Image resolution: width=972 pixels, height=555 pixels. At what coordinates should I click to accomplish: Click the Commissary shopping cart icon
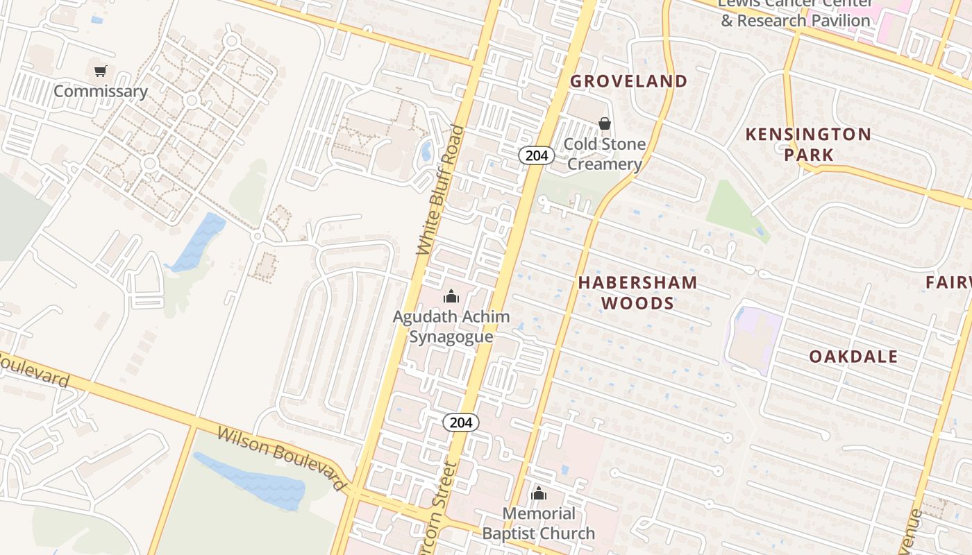coord(101,71)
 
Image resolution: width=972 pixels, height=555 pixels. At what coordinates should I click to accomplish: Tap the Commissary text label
coord(101,92)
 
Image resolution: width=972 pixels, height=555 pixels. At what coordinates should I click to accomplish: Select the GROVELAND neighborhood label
coord(628,81)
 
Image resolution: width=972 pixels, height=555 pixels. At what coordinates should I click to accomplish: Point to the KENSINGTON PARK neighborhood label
coord(808,144)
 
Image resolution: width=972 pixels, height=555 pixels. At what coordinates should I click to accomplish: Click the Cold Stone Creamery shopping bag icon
coord(605,123)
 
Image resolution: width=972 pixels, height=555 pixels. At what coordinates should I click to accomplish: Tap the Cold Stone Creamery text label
coord(604,154)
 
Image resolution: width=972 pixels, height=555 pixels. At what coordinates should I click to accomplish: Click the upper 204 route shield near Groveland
coord(537,155)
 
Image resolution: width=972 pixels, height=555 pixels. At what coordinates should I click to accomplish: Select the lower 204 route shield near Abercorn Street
coord(461,422)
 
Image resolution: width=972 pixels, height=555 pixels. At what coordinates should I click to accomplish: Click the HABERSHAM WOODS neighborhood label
coord(637,292)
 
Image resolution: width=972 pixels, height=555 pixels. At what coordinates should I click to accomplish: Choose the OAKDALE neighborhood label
coord(853,357)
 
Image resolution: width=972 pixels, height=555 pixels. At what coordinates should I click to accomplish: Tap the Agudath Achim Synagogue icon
coord(451,296)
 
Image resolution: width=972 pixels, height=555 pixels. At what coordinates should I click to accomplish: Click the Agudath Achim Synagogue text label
coord(451,327)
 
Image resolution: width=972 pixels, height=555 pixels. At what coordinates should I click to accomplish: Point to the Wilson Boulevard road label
coord(281,458)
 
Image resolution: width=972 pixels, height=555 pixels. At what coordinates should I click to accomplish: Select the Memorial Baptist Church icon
coord(539,494)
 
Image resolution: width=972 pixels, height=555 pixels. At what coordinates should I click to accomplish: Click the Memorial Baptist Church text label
coord(539,523)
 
